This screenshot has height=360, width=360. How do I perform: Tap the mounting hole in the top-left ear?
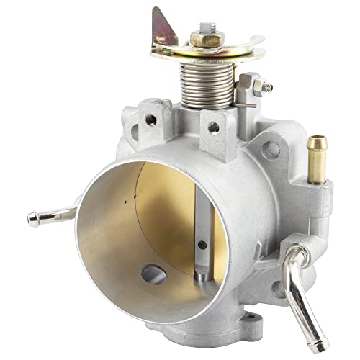(x=150, y=120)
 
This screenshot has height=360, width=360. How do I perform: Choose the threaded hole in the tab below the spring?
(x=214, y=127)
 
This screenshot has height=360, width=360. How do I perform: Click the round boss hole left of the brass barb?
(x=271, y=150)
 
